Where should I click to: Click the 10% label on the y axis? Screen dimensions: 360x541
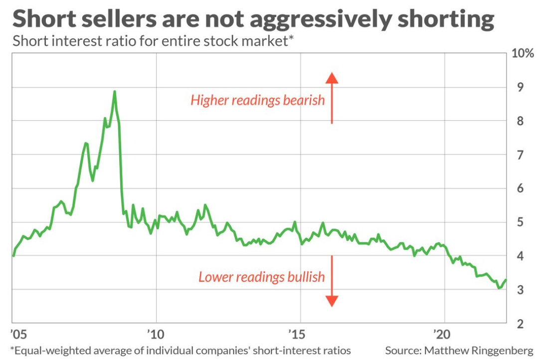tap(523, 54)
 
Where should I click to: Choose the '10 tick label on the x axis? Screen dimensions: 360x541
tap(156, 333)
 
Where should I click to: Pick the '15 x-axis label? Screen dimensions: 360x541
tap(301, 333)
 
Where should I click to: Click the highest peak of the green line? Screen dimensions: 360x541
tap(115, 91)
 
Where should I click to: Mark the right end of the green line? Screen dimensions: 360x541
tap(506, 280)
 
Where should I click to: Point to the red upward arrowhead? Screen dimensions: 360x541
tap(332, 77)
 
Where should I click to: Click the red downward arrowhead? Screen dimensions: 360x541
tap(332, 301)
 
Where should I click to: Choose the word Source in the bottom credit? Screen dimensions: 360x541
tap(402, 351)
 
